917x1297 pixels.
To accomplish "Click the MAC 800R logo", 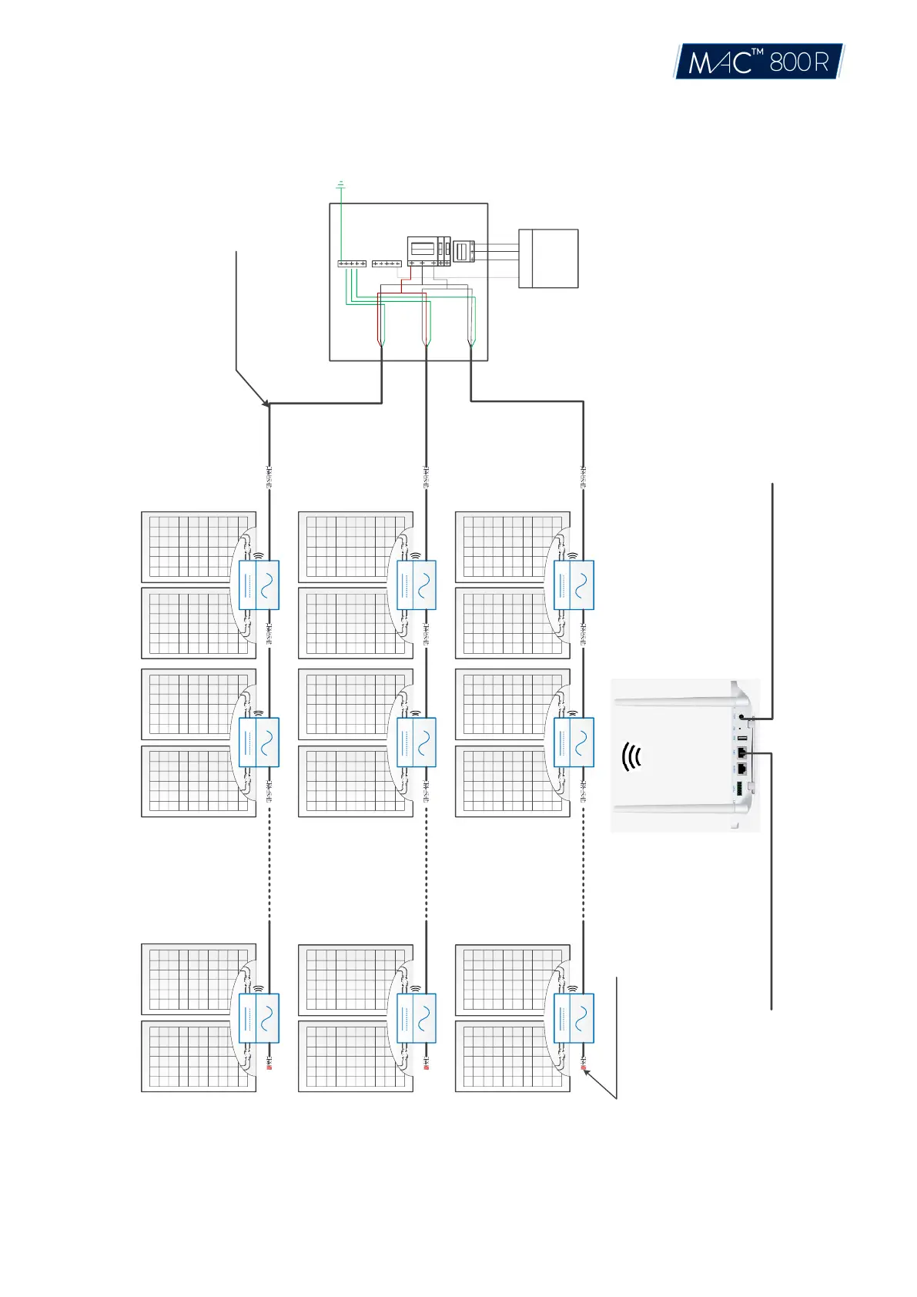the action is [x=758, y=61].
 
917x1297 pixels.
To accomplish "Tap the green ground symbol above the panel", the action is [x=340, y=185].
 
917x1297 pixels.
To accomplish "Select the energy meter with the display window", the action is [x=423, y=250].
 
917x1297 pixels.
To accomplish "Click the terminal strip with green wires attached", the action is [x=352, y=263].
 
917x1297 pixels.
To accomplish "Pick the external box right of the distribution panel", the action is [x=548, y=258].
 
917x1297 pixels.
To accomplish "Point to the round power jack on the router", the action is [x=741, y=717].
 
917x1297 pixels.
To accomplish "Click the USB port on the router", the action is [x=741, y=738].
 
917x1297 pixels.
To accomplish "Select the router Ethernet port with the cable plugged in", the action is [x=741, y=752].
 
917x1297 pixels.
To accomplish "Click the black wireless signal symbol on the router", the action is [x=631, y=757].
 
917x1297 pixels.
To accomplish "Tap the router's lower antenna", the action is [x=674, y=809].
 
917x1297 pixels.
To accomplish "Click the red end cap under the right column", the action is [x=583, y=1067].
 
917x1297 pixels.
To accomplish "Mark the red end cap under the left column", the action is [x=269, y=1067].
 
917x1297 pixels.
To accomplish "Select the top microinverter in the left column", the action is [x=259, y=585].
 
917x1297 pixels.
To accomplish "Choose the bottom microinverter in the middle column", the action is [x=416, y=1018].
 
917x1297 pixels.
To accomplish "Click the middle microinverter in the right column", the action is [x=574, y=742].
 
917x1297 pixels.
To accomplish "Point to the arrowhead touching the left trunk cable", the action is [x=266, y=404].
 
